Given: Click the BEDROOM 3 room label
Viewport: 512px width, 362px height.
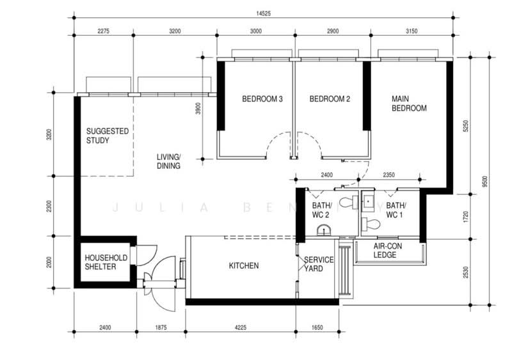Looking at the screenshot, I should click(x=262, y=99).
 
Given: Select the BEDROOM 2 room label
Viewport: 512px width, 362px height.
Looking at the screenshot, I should click(x=330, y=99).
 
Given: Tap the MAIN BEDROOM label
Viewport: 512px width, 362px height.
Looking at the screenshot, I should click(x=409, y=104).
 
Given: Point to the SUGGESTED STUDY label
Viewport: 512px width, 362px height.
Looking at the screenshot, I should click(x=108, y=136).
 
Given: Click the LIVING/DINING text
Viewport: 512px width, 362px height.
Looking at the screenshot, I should click(x=169, y=161).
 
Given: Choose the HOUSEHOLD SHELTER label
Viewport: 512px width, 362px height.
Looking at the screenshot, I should click(x=106, y=262).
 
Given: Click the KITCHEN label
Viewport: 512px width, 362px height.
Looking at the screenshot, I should click(x=243, y=265).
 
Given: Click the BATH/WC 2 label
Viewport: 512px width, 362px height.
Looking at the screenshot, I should click(x=320, y=210).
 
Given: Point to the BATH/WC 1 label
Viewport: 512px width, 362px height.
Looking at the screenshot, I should click(x=396, y=210).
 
